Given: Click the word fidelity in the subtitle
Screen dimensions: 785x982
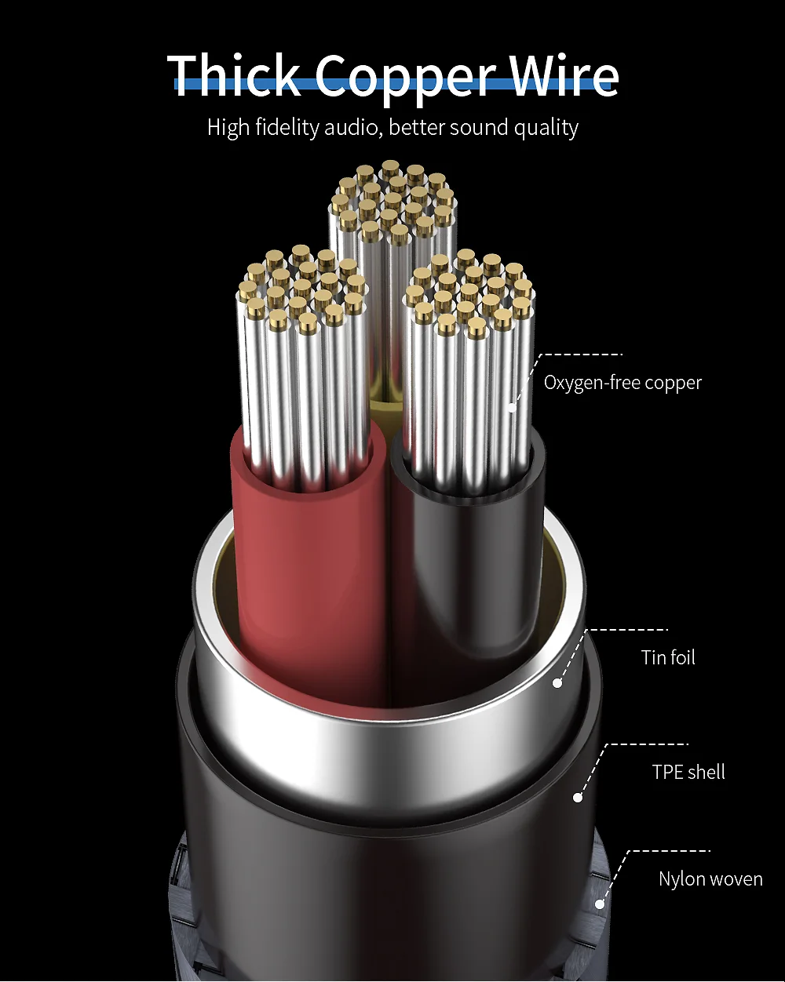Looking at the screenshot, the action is [287, 127].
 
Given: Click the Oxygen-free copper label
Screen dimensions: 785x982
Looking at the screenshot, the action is [623, 383].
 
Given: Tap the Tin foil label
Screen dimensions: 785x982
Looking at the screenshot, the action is [668, 657].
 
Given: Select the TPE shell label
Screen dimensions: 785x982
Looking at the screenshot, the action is [688, 772].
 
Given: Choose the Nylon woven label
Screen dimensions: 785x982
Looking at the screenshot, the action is [710, 879].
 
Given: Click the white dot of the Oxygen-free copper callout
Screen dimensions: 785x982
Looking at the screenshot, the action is [513, 408].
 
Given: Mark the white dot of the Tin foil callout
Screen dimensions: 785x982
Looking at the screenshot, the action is [557, 683].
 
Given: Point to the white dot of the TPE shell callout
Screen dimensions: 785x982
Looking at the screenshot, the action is [578, 798].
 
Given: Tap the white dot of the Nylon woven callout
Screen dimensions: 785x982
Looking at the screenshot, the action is [600, 904].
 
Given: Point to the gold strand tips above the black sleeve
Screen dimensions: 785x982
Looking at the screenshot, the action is [470, 292].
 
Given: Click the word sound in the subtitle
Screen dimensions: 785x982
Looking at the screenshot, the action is [479, 127].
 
